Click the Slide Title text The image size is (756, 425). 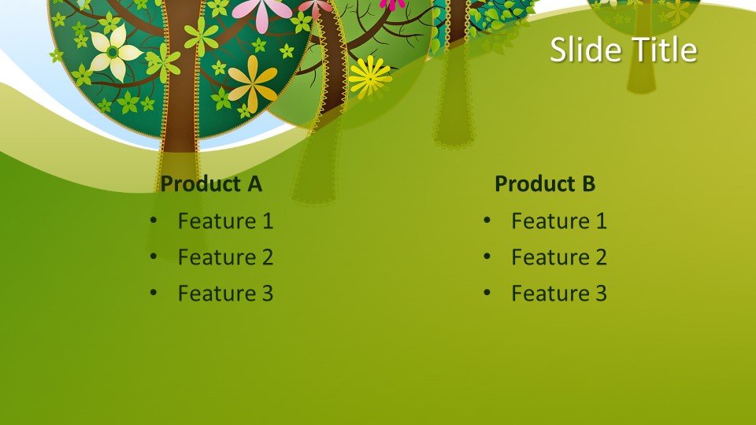[x=624, y=49]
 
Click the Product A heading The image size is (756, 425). [x=211, y=183]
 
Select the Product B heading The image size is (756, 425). [x=545, y=183]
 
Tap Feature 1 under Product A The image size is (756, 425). [x=226, y=221]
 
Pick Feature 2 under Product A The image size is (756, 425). [x=226, y=257]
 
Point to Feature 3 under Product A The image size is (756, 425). [x=226, y=294]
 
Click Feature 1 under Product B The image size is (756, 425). [x=559, y=221]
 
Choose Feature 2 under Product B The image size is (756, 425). [x=559, y=257]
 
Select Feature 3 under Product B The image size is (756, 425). [x=559, y=294]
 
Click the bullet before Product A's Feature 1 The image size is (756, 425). [x=154, y=220]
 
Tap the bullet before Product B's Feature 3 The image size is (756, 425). [x=487, y=293]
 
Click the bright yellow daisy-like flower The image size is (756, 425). [x=370, y=77]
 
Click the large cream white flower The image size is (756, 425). [x=114, y=52]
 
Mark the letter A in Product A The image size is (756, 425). [x=254, y=183]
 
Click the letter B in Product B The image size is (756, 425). [x=588, y=183]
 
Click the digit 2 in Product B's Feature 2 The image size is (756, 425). [x=600, y=257]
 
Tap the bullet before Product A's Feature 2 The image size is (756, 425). [x=154, y=257]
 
